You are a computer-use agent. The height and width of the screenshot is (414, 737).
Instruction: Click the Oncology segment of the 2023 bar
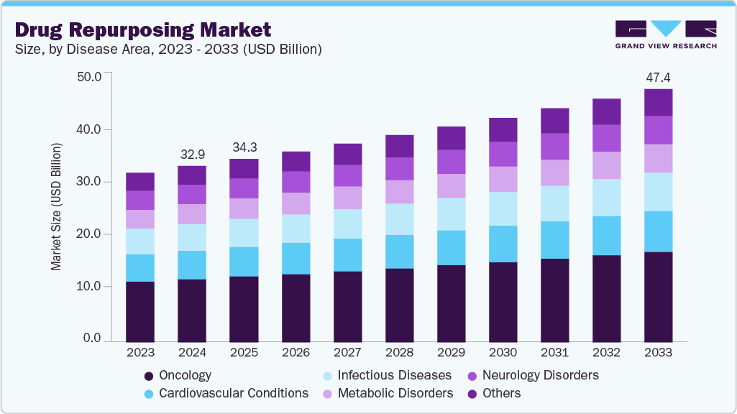point(139,311)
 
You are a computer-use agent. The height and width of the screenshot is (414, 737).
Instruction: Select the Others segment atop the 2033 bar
point(658,103)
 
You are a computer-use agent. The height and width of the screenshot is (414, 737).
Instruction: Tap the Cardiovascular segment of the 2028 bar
point(399,252)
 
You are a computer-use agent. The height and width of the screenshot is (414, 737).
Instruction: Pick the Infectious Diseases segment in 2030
point(503,208)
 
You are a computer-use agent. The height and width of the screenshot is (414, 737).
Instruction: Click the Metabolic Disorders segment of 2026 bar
point(296,203)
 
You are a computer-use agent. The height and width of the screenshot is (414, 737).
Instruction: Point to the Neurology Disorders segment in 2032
point(606,138)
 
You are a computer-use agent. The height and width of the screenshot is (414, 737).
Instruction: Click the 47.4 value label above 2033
point(658,77)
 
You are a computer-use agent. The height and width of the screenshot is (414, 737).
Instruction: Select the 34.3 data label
point(243,147)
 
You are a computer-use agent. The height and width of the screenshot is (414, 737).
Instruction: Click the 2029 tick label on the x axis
point(451,353)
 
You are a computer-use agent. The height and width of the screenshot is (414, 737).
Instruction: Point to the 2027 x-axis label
point(347,353)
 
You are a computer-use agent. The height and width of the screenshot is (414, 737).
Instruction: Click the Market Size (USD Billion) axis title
point(56,207)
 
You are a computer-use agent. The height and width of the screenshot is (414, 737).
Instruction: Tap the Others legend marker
point(472,394)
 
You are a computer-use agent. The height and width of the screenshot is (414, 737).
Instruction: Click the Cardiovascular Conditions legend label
point(233,394)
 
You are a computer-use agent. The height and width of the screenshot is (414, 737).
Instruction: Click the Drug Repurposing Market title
point(142,29)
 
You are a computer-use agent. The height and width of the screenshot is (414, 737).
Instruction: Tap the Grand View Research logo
point(665,34)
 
